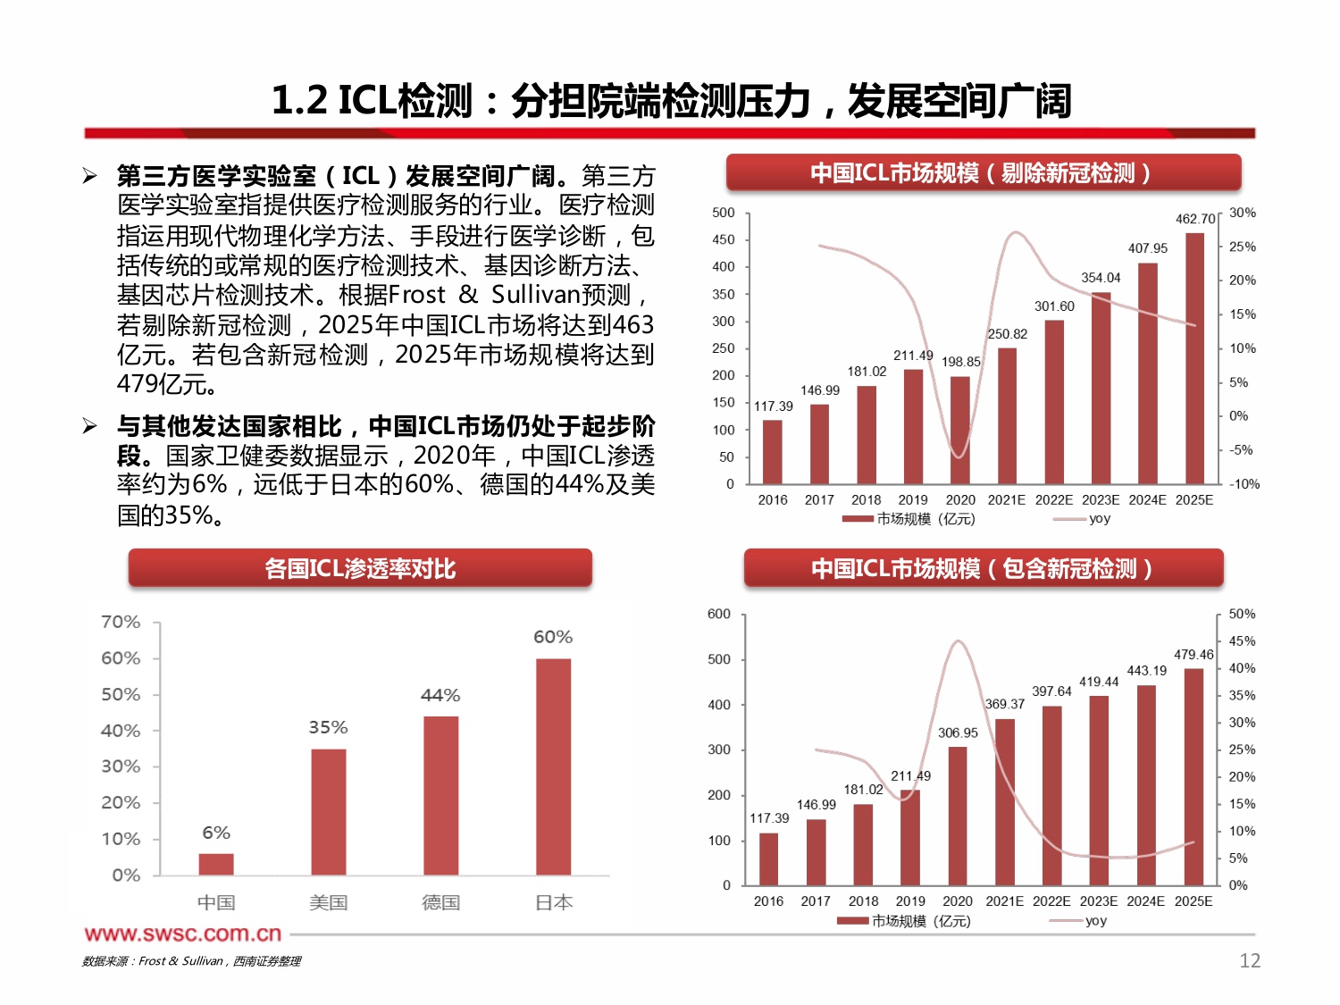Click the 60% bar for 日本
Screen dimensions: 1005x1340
[x=553, y=766]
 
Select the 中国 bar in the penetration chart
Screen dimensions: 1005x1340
[x=216, y=864]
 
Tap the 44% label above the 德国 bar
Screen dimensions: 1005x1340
[x=440, y=695]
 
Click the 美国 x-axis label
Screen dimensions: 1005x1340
[x=328, y=902]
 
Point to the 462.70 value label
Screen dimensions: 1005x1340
[x=1195, y=219]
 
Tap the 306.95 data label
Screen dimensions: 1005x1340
[x=958, y=733]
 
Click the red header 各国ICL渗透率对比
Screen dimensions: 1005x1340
[x=360, y=568]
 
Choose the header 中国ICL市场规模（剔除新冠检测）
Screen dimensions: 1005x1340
[x=983, y=172]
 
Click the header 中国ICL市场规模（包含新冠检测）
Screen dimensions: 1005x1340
[x=983, y=568]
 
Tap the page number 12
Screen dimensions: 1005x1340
[x=1250, y=960]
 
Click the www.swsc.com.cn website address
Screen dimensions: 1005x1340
[x=183, y=934]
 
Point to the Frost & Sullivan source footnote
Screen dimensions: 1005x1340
[x=191, y=961]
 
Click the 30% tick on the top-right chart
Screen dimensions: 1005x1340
[x=1243, y=213]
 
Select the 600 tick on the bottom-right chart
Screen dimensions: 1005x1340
[x=719, y=614]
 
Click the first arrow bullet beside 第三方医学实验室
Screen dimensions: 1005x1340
[x=90, y=176]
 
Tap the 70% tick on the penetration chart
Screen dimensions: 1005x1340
[x=121, y=622]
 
